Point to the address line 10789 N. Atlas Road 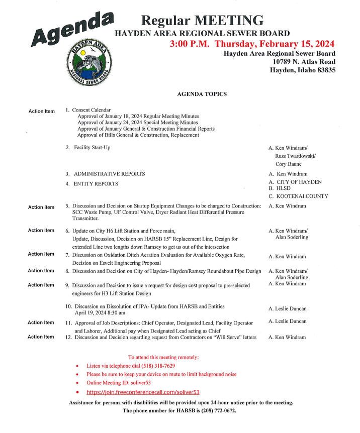(x=304, y=61)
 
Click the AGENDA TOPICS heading (x=202, y=94)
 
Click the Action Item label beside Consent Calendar (x=41, y=111)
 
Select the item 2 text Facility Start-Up (x=92, y=147)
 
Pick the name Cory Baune (x=289, y=164)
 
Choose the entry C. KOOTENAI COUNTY (x=299, y=196)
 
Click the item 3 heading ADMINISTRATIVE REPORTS (x=109, y=174)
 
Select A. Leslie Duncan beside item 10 (x=287, y=308)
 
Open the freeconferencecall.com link (x=143, y=392)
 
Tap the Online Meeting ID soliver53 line (x=119, y=383)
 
